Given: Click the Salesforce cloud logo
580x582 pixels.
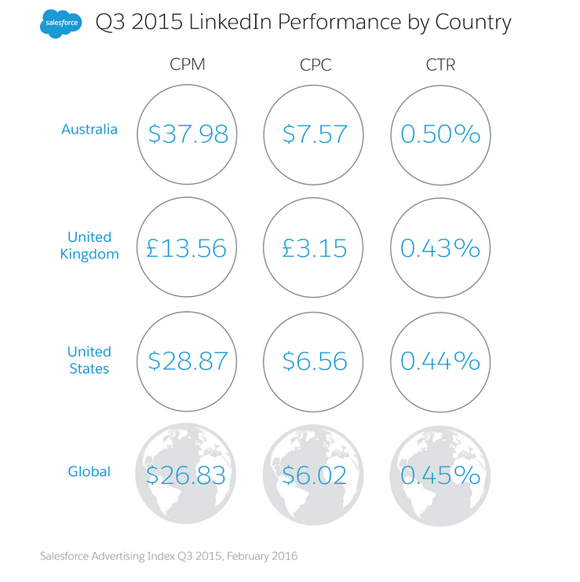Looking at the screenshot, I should [x=59, y=24].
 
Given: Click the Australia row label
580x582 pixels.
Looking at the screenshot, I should [x=89, y=129].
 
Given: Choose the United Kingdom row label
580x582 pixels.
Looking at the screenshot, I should [x=89, y=245].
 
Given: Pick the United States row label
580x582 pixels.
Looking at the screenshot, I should [x=89, y=360].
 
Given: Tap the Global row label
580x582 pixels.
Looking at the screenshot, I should [x=89, y=472].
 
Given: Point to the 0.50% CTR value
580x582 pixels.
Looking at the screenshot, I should [x=440, y=134].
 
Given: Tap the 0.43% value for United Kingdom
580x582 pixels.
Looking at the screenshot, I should [x=440, y=248].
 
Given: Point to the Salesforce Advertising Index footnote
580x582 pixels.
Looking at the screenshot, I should [x=169, y=556].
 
